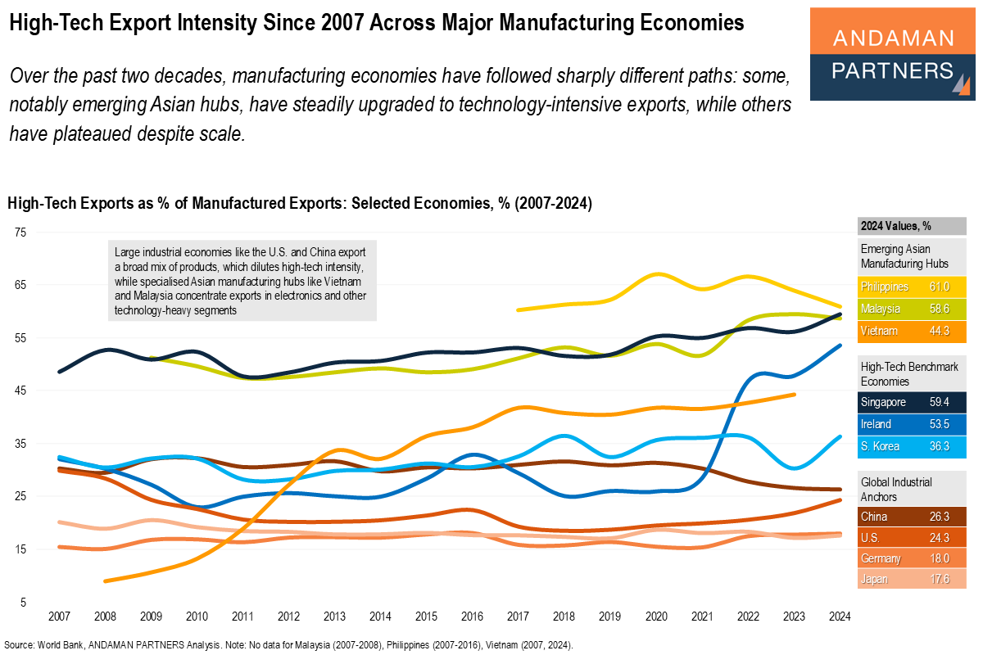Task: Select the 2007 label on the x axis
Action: tap(59, 616)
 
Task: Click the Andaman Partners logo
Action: tap(892, 54)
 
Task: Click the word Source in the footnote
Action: tap(18, 645)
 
